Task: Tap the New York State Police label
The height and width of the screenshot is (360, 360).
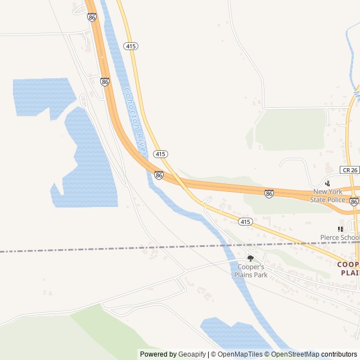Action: [x=328, y=195]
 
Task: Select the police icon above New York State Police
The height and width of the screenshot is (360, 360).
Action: [x=328, y=183]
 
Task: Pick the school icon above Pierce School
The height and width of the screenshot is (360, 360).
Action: [x=340, y=229]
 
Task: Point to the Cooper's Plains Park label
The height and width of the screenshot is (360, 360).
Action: [x=251, y=271]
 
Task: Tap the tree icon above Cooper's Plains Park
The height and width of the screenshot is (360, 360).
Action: [x=250, y=258]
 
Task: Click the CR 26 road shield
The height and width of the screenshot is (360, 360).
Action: [x=349, y=169]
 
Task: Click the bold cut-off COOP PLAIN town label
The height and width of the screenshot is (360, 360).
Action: [x=348, y=268]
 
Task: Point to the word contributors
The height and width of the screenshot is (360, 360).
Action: [x=339, y=354]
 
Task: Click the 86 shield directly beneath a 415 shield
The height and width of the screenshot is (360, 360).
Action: [x=159, y=175]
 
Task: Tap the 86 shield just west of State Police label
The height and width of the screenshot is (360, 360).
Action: [x=269, y=193]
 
